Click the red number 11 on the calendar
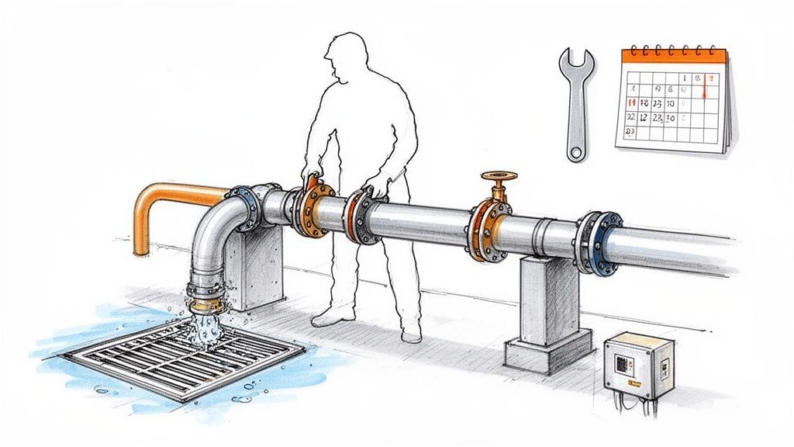coord(632,102)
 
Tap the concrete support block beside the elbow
coord(256,268)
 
